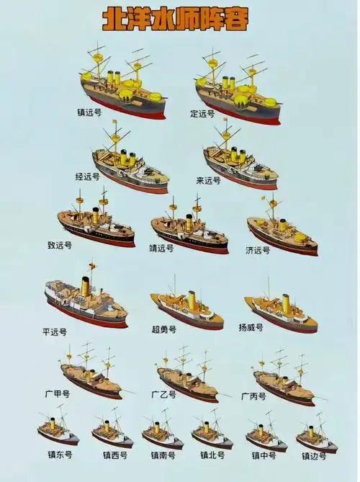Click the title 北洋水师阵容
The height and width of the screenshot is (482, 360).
tap(175, 20)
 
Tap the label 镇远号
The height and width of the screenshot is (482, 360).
tap(89, 112)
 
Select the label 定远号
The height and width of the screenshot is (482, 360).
tap(202, 114)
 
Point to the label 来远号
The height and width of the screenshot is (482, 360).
tap(209, 180)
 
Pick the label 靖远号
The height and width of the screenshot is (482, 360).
tap(161, 248)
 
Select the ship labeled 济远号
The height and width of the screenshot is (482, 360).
tap(282, 228)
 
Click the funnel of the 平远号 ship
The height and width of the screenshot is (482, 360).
tap(86, 287)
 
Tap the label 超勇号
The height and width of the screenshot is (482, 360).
tap(164, 329)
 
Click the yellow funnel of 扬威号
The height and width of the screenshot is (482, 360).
tap(286, 303)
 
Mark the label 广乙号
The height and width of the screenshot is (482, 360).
tap(163, 394)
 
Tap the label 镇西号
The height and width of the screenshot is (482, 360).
tap(115, 455)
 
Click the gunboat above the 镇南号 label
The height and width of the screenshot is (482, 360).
tap(163, 429)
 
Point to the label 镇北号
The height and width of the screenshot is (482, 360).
tap(212, 455)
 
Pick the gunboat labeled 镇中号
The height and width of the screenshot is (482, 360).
tap(266, 432)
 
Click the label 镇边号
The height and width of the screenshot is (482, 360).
tap(314, 456)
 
